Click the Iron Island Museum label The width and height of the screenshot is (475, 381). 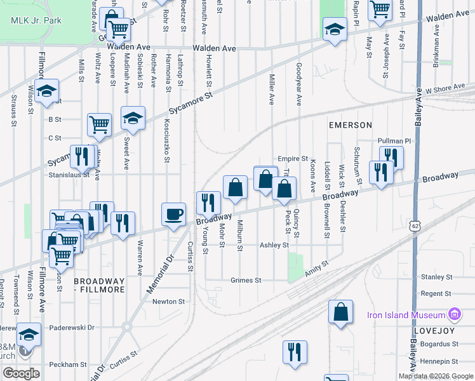coord(406,315)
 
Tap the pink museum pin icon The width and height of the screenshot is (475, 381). coord(454,314)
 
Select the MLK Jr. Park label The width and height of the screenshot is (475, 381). coord(36,20)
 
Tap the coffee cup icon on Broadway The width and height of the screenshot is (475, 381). coord(173,214)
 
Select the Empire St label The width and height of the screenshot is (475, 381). coord(292,159)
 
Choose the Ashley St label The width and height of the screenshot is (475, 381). coord(274,245)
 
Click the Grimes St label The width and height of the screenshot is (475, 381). coord(246,280)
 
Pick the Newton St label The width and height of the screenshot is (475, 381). coord(168,302)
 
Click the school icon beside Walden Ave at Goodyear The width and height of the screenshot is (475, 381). coord(334,29)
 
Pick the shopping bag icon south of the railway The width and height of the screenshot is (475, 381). coord(340,311)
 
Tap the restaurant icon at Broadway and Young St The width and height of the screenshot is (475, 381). coord(208,203)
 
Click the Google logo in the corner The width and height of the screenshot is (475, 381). coord(22,373)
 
